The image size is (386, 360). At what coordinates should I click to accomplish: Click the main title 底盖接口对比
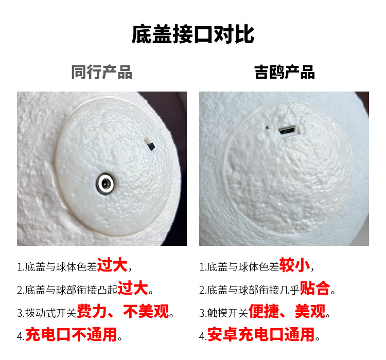(x=193, y=35)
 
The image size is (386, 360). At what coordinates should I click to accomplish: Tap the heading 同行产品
(x=101, y=72)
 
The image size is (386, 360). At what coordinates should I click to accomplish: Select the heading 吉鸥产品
(x=284, y=72)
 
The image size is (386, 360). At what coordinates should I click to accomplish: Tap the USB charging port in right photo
(x=287, y=130)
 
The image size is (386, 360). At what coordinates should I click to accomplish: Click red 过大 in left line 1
(x=112, y=265)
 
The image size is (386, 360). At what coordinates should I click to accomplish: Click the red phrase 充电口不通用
(x=71, y=335)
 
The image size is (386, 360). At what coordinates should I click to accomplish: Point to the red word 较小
(x=294, y=265)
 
